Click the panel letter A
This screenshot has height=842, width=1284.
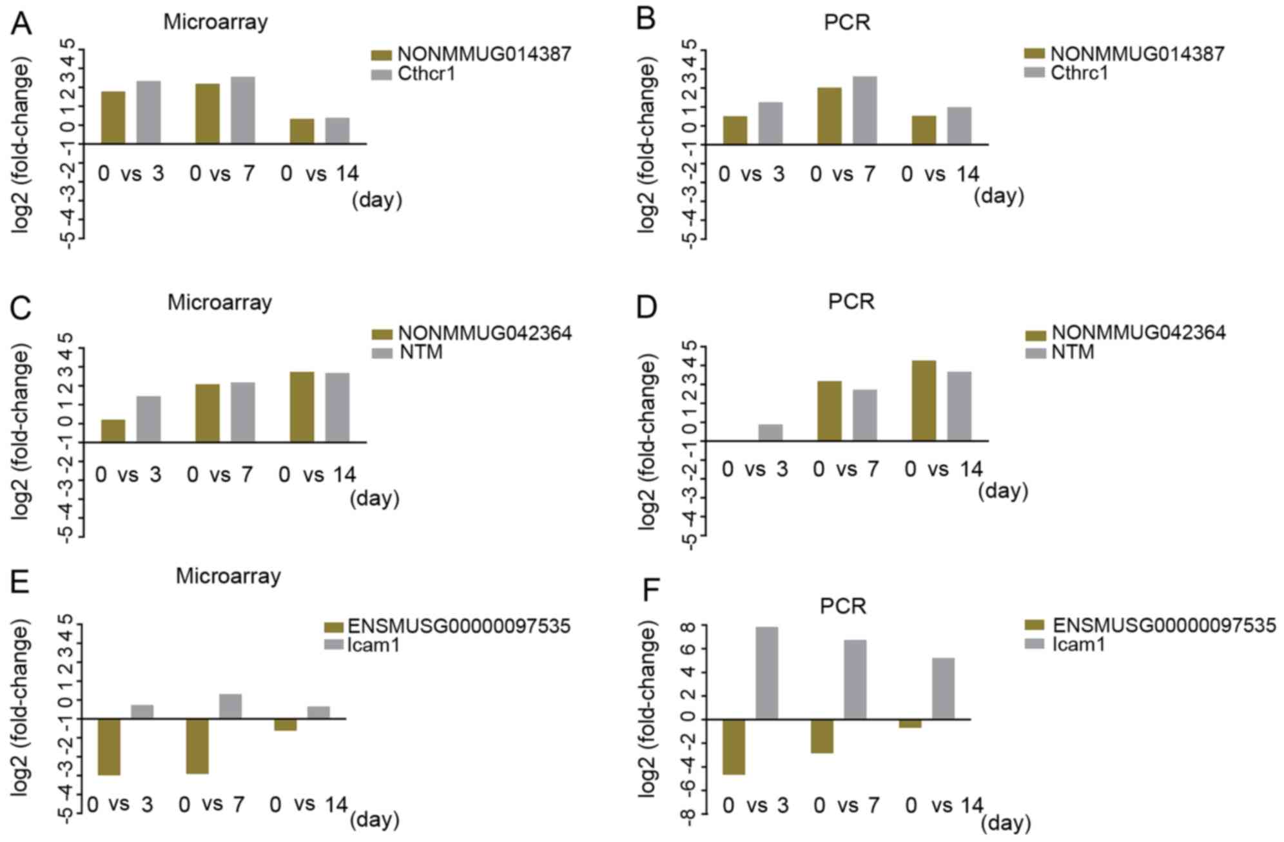coord(21,24)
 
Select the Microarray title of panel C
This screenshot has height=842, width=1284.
coord(219,302)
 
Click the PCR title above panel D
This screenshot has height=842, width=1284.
coord(851,301)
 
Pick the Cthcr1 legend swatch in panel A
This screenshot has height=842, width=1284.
coord(382,75)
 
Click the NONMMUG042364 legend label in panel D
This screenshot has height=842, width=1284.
coord(1138,333)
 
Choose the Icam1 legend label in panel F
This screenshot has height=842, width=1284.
coord(1078,644)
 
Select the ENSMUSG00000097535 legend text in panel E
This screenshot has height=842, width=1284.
coord(459,626)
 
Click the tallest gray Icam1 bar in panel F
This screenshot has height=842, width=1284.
coord(766,673)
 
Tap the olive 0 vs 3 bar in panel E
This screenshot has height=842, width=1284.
coord(109,747)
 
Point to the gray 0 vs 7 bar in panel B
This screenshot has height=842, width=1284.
coord(864,110)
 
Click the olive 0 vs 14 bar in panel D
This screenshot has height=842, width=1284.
coord(924,401)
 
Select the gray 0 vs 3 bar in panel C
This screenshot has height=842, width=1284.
coord(148,419)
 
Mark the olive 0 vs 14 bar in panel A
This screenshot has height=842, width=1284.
coord(302,131)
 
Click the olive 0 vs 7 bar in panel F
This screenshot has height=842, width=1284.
coord(822,736)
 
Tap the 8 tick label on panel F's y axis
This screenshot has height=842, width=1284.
coord(687,627)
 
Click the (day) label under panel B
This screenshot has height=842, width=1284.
coord(998,196)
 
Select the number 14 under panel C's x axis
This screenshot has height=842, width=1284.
coord(342,475)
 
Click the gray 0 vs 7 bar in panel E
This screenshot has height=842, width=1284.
coord(230,706)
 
